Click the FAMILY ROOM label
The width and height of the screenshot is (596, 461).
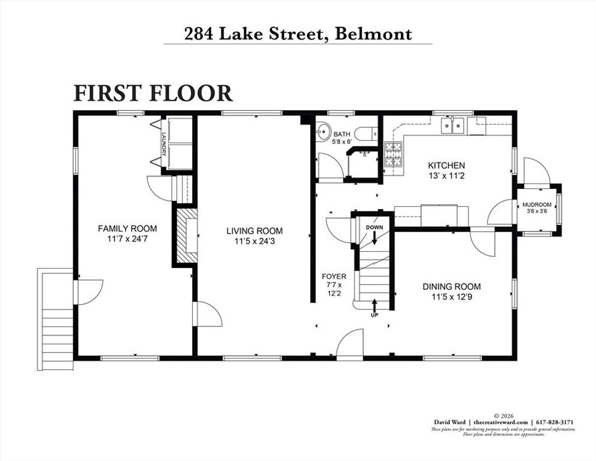point(127,228)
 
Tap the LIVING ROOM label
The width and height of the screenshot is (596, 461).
point(254,231)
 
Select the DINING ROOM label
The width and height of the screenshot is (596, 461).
point(452,286)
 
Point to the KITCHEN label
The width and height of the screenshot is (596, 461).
point(446,165)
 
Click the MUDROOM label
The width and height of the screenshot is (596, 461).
point(537,205)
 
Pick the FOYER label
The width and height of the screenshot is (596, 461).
point(334,276)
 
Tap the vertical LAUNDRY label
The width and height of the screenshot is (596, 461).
point(164,144)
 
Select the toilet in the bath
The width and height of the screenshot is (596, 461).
point(366,133)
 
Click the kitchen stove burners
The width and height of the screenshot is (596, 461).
point(394,154)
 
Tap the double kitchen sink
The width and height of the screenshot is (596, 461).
point(453,125)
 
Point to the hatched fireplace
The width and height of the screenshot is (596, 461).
point(187,235)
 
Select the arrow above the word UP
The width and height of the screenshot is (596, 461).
point(374,305)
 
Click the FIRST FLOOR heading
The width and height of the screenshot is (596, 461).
point(153,93)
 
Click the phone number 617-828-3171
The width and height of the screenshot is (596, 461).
point(555,422)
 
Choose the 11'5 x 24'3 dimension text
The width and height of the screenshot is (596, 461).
point(254,241)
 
